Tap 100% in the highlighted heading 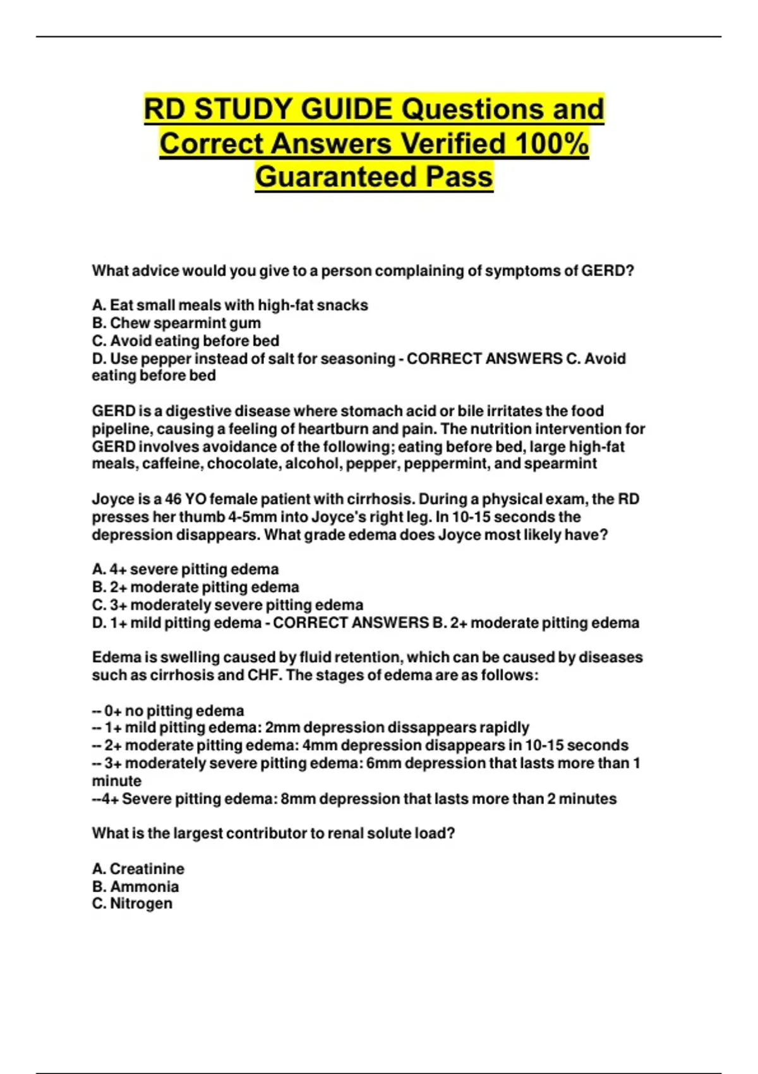point(551,143)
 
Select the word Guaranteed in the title point(335,176)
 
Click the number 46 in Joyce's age point(173,499)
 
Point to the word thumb point(202,517)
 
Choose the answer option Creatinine point(147,869)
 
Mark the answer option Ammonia point(144,886)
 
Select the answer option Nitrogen point(141,903)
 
